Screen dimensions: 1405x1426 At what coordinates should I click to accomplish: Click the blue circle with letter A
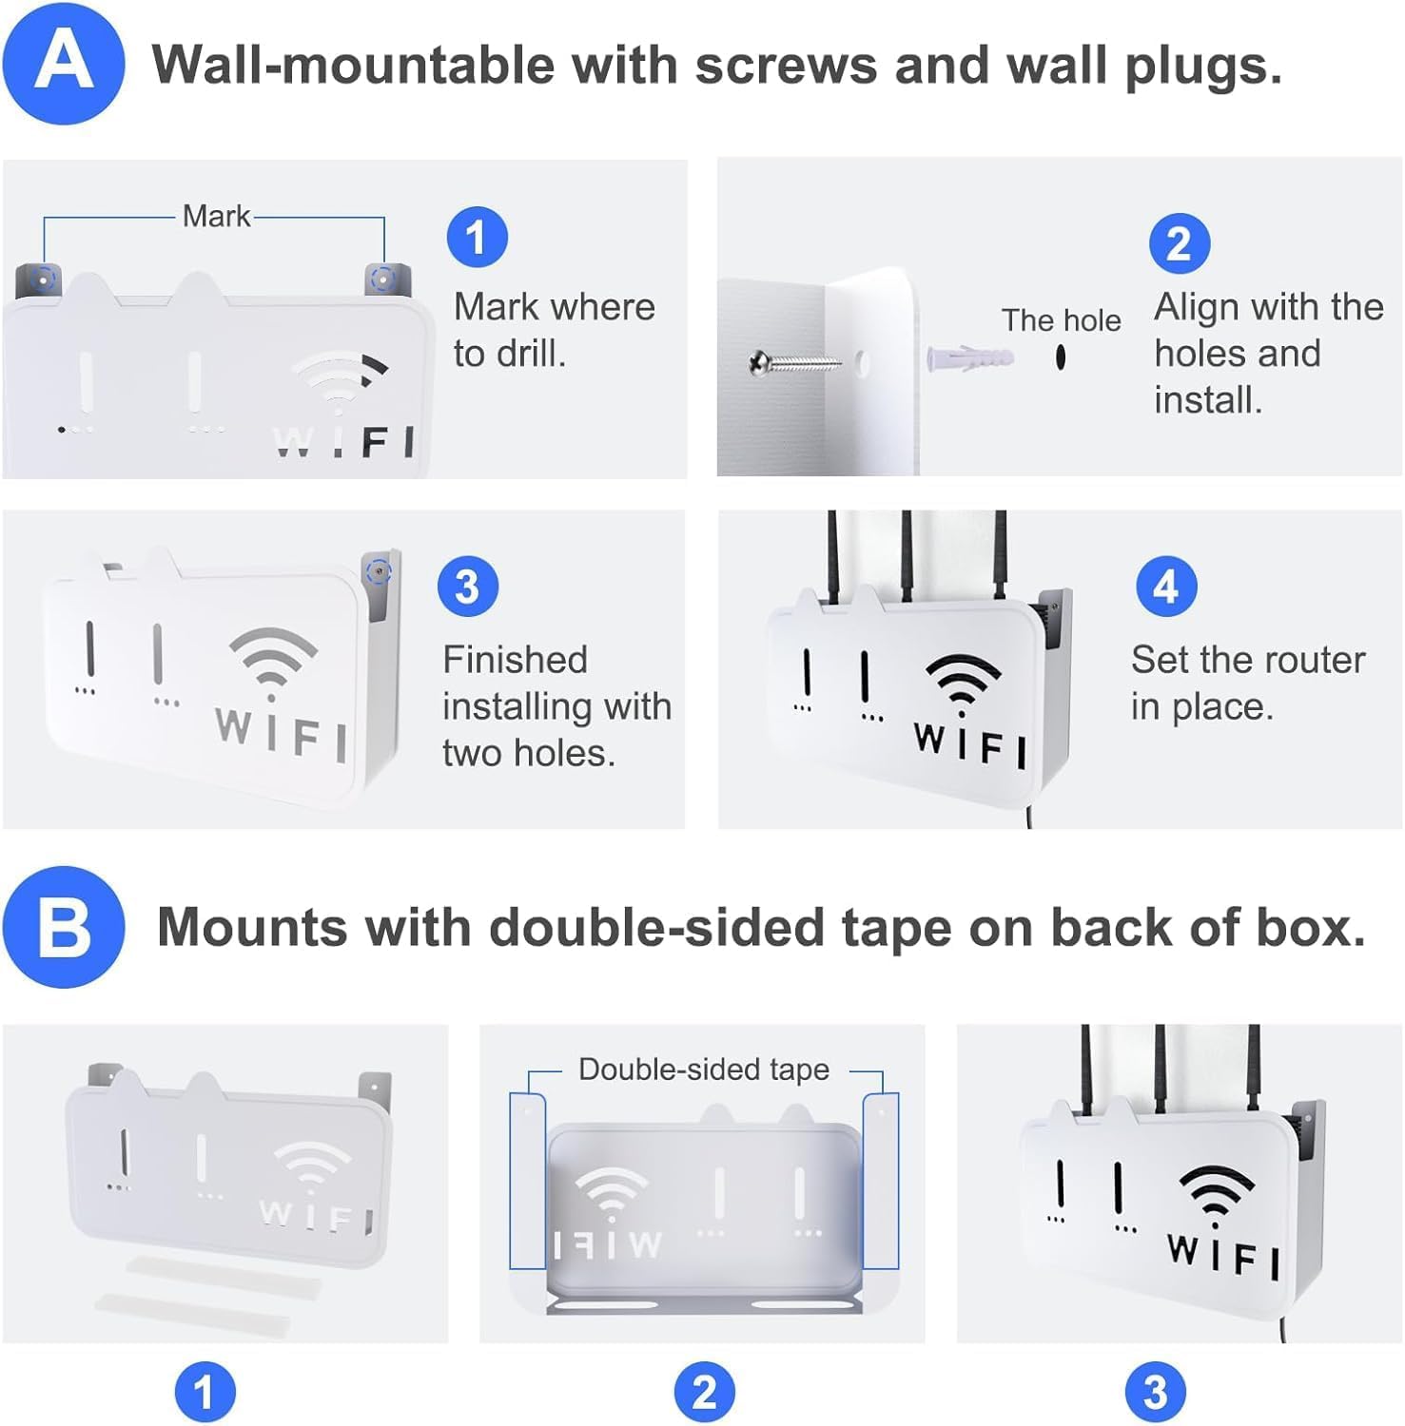(64, 64)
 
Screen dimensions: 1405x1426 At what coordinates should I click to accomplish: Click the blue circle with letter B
(64, 927)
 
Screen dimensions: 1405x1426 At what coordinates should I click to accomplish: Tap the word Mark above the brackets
(217, 216)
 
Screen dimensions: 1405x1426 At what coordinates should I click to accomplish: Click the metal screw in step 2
(794, 361)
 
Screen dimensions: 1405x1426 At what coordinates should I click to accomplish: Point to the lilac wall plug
(970, 358)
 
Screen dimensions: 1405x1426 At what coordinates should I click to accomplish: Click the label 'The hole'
(1061, 320)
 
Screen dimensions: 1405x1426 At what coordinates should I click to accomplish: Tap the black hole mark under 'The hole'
(1061, 357)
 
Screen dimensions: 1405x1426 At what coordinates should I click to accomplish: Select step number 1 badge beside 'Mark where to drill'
(478, 238)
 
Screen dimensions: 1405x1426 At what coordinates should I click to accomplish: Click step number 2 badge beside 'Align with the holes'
(1180, 244)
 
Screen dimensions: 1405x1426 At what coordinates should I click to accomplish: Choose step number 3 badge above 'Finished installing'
(468, 587)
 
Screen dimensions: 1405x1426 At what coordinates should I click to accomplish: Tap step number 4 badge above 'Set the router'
(1166, 587)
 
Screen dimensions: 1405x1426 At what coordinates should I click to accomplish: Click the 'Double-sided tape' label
(704, 1069)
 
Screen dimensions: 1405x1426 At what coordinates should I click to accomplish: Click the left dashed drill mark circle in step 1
(43, 279)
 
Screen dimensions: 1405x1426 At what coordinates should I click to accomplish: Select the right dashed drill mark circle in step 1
(382, 279)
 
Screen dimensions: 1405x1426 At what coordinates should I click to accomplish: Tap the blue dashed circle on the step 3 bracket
(379, 572)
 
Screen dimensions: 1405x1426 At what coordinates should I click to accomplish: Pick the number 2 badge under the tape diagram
(705, 1393)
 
